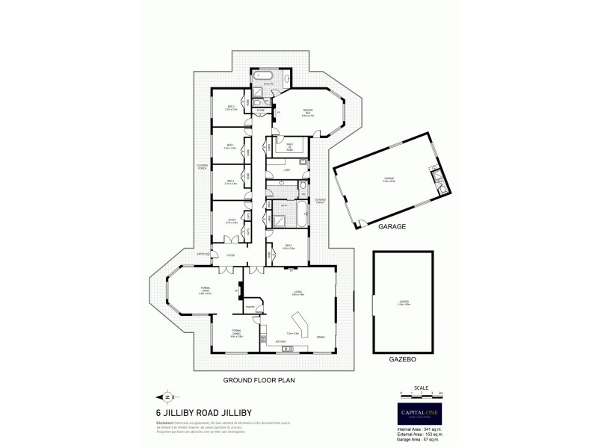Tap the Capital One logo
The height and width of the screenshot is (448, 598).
tap(419, 408)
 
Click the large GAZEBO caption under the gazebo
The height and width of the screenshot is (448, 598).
tap(403, 359)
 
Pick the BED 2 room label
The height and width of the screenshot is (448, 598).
tap(232, 108)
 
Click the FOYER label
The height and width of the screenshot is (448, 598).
tap(231, 255)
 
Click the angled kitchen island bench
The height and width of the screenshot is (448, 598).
tap(303, 319)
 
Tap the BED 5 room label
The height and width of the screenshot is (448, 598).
tap(289, 247)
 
